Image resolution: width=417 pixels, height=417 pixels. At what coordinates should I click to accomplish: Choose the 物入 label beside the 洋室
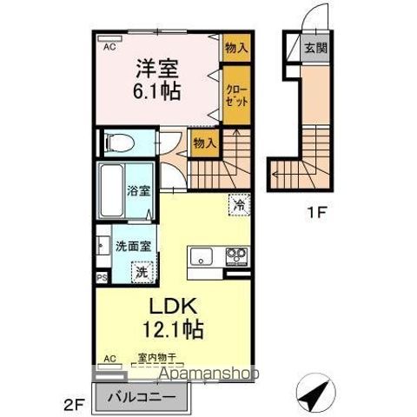pos(235,49)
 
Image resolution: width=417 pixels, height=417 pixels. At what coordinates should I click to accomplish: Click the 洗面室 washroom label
pos(134,246)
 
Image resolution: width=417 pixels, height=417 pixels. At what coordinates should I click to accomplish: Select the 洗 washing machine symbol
pos(142,271)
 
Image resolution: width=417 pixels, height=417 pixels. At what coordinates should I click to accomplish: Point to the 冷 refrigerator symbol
pos(238,205)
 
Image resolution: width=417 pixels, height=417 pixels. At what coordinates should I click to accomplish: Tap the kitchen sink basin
pos(201,256)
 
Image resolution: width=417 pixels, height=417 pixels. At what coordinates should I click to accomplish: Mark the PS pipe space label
pos(102,278)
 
